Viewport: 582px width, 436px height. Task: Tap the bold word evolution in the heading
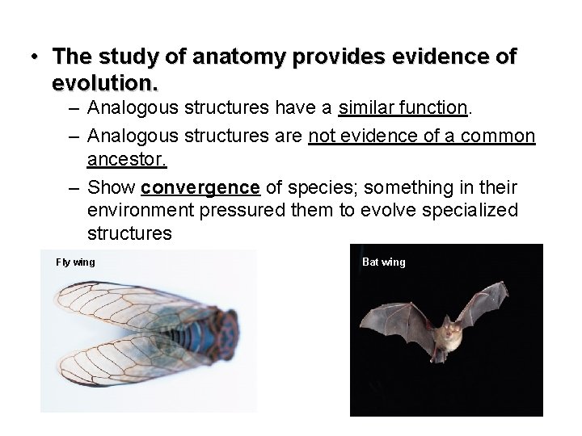103,82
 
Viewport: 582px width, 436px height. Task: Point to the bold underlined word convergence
200,188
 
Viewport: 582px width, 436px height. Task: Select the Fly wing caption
75,262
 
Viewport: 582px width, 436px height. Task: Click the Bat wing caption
384,262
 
